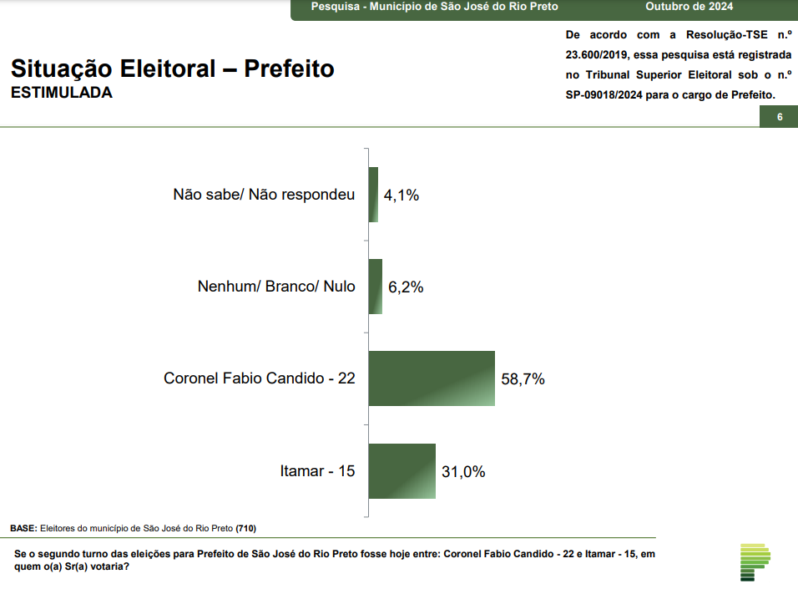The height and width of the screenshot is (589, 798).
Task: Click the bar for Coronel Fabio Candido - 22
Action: point(432,378)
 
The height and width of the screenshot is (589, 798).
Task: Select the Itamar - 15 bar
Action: point(402,471)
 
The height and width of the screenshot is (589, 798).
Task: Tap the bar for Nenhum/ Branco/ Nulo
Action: point(376,287)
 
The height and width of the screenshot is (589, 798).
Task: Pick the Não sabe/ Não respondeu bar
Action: point(373,195)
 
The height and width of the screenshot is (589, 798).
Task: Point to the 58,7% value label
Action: point(523,379)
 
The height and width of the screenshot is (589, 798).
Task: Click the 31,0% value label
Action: point(463,472)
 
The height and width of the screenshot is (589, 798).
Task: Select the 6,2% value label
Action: point(406,287)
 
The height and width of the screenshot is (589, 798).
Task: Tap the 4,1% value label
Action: point(401,195)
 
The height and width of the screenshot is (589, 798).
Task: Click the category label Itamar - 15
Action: point(317,471)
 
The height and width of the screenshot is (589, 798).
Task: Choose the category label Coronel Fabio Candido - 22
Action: point(260,378)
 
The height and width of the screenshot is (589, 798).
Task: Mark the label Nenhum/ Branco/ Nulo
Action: point(276,287)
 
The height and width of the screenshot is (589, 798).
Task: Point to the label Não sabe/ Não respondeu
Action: point(264,195)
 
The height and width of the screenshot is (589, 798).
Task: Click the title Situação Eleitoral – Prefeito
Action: point(173,69)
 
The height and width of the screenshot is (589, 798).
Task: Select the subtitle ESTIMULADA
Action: point(62,93)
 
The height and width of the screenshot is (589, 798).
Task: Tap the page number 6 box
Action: point(779,117)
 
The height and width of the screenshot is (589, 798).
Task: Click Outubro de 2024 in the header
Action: point(689,7)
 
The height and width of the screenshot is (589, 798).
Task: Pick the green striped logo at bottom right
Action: point(755,561)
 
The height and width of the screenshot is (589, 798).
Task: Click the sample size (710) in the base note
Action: point(246,528)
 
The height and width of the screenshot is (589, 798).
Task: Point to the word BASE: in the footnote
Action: point(24,528)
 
